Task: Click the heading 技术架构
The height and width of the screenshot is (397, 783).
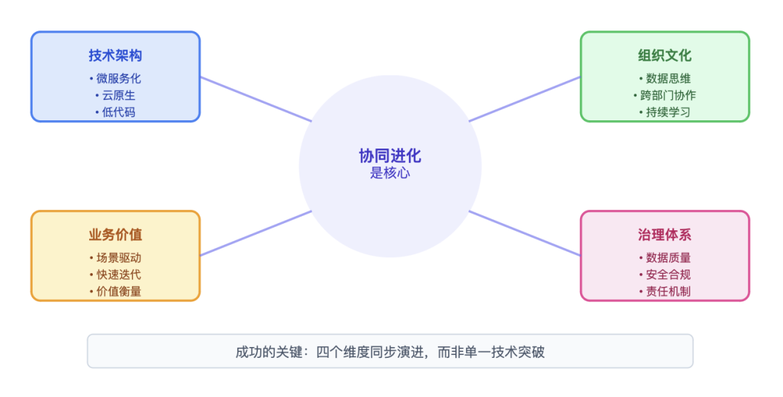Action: coord(115,55)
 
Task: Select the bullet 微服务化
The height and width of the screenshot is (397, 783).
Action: coord(115,78)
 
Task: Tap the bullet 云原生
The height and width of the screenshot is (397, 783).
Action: coord(115,95)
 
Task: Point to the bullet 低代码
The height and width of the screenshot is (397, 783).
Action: coord(115,112)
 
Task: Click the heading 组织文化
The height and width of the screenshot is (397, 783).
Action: coord(665,55)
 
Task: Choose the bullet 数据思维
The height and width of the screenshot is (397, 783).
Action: coord(665,78)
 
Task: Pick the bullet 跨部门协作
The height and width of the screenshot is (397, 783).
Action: coord(665,95)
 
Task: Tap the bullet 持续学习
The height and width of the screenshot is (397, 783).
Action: coord(665,112)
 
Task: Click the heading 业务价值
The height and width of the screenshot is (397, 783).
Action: coord(115,235)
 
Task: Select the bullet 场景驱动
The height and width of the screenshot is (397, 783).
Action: coord(115,258)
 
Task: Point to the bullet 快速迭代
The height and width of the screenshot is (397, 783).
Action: coord(115,275)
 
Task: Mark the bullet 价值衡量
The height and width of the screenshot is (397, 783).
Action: coord(115,291)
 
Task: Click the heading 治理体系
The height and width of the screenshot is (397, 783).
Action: coord(665,235)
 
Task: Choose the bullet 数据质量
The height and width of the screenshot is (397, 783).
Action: coord(665,258)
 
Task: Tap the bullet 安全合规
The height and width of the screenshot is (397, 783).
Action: coord(665,275)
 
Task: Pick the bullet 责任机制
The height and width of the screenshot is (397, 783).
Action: coord(665,291)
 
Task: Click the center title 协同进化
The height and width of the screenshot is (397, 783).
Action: coord(390,156)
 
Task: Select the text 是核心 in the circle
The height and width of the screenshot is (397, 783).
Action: coord(390,173)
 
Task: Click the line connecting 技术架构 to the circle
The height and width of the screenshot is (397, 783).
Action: coord(255,99)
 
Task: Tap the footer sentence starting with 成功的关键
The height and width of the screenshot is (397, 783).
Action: coord(390,353)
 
